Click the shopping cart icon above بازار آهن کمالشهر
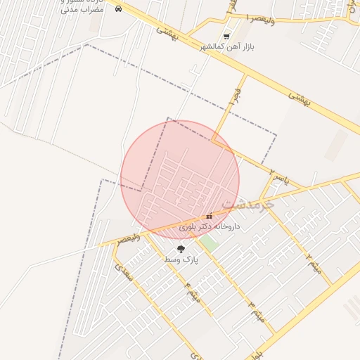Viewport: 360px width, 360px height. tap(226, 36)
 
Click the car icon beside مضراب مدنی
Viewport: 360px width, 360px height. tap(119, 9)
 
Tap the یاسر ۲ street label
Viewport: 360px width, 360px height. tap(279, 169)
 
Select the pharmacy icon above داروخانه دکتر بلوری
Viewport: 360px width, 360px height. tap(209, 216)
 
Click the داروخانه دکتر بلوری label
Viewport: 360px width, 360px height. tap(210, 226)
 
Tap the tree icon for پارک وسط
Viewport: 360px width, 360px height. tap(181, 248)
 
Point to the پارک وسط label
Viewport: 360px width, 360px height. tap(181, 259)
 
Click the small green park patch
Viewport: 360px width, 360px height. tap(207, 244)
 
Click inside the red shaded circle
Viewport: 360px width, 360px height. tap(180, 179)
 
